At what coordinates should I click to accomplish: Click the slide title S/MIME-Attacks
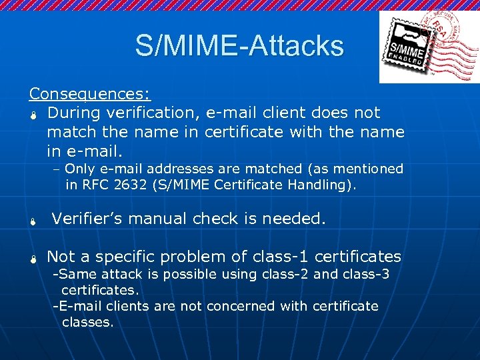point(239,46)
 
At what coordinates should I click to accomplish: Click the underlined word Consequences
point(89,93)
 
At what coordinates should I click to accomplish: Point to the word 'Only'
point(80,169)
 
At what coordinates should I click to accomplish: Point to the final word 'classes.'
point(87,322)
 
